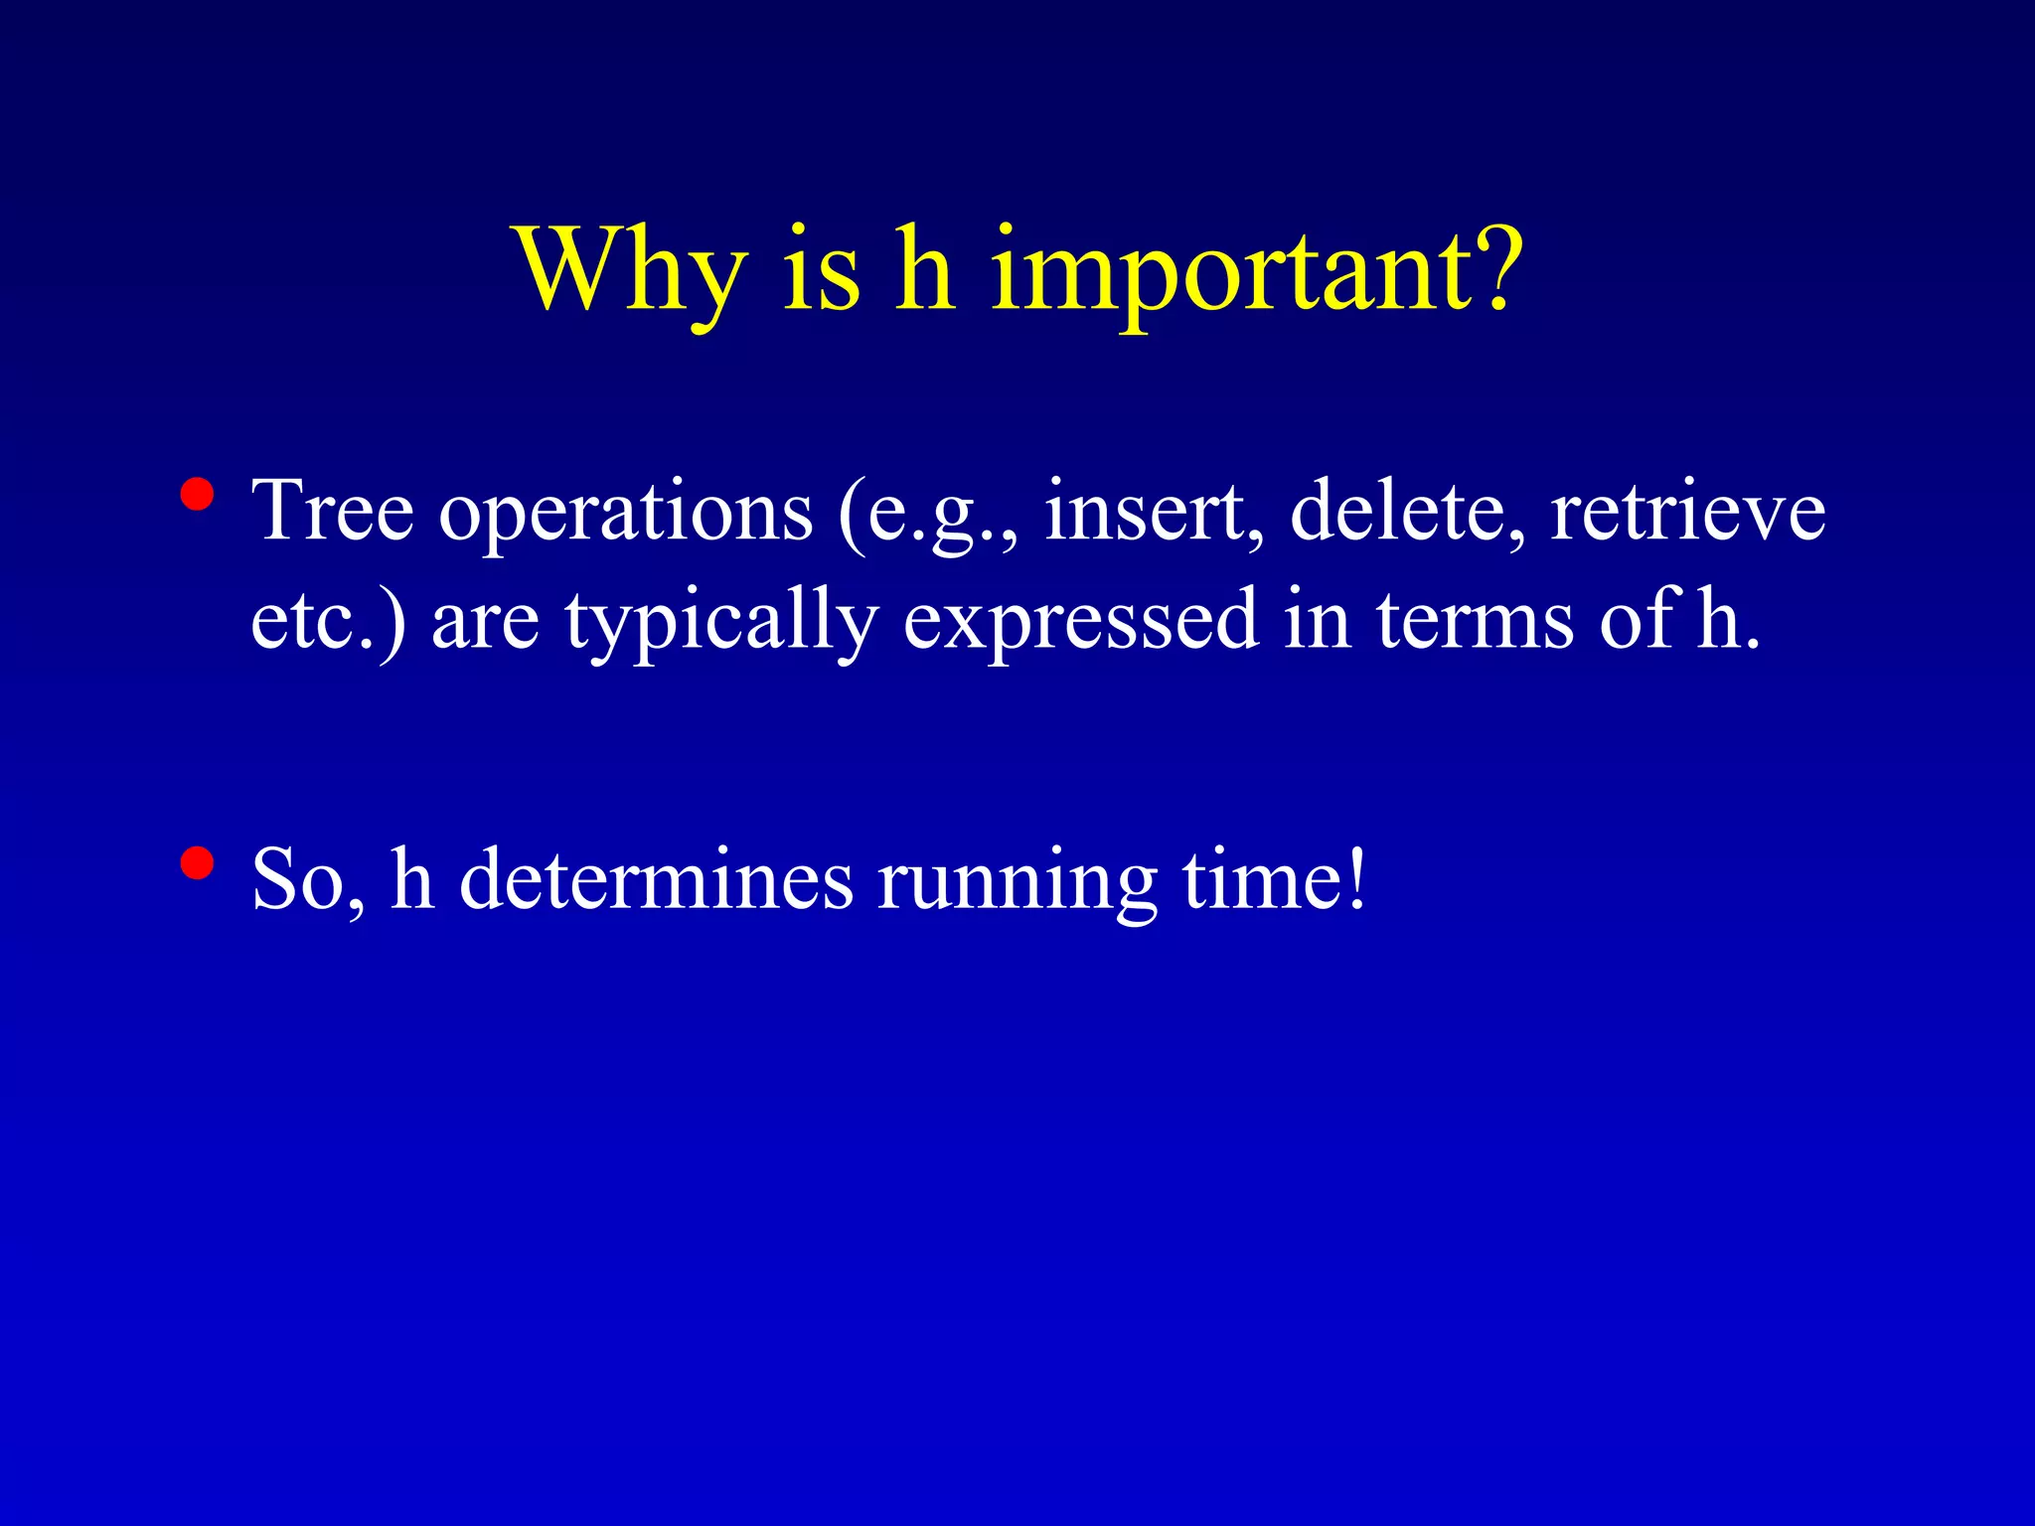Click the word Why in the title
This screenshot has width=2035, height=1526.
631,270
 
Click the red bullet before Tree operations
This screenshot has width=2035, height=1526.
198,495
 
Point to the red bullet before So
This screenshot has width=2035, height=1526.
198,864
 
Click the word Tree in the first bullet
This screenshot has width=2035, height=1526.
332,511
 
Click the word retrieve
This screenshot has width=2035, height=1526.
1687,511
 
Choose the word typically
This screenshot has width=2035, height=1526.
721,622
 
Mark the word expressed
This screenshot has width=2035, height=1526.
1080,622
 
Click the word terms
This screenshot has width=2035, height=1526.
1475,620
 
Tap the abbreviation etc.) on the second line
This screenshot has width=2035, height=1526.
328,620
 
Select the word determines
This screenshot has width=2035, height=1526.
656,879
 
